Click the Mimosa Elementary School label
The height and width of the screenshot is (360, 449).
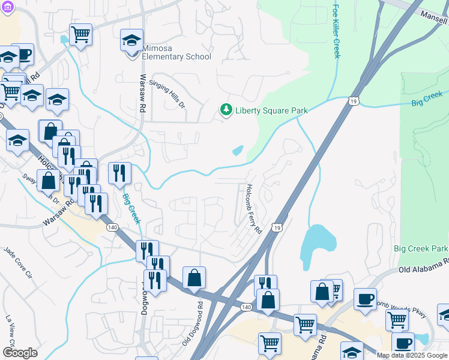[177, 56]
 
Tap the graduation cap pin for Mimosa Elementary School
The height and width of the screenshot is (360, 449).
[132, 41]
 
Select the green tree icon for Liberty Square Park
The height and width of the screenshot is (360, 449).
[226, 110]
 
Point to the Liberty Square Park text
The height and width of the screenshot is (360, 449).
[271, 110]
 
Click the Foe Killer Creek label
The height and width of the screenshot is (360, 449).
[336, 31]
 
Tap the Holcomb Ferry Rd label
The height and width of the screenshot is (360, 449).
[253, 209]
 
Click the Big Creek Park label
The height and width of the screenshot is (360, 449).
[421, 248]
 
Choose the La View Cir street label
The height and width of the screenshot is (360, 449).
[10, 327]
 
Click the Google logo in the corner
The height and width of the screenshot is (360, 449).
[20, 353]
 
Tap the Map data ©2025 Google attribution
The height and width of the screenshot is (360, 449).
[412, 356]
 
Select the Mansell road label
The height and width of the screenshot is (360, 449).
[434, 13]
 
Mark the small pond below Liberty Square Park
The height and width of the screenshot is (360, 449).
[238, 150]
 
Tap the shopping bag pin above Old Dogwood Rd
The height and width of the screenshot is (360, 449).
[194, 278]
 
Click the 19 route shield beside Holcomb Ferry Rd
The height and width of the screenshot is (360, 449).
[276, 227]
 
